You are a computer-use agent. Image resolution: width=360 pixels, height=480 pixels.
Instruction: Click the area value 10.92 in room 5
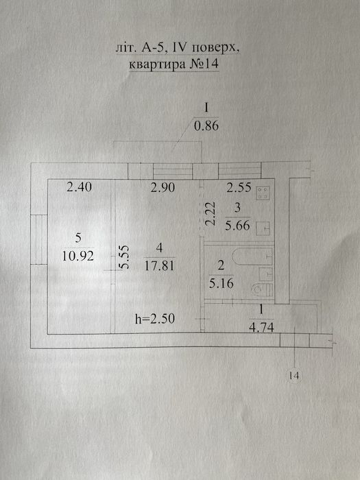click(x=78, y=256)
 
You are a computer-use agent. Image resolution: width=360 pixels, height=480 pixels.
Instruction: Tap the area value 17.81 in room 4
click(x=159, y=265)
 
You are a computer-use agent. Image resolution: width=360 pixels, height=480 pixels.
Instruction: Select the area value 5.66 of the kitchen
click(x=237, y=226)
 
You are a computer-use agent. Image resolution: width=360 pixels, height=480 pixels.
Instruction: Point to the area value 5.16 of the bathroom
click(x=221, y=283)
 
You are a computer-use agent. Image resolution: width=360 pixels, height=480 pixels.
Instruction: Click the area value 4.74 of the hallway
click(x=261, y=328)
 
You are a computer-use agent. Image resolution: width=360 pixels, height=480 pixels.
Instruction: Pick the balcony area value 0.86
click(x=206, y=125)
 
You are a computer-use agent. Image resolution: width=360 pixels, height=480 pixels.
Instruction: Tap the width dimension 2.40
click(x=79, y=187)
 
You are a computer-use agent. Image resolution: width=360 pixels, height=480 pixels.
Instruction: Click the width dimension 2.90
click(x=163, y=187)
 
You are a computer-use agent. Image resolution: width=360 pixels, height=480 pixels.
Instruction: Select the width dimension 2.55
click(x=239, y=187)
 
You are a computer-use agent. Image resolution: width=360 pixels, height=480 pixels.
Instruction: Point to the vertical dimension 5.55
click(x=124, y=257)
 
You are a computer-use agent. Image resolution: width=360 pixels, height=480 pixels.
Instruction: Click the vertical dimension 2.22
click(x=211, y=213)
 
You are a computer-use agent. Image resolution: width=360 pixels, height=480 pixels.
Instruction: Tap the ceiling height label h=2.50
click(x=155, y=319)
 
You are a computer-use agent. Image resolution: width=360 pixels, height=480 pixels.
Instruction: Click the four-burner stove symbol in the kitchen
click(x=263, y=193)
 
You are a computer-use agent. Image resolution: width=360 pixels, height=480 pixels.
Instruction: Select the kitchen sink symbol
click(x=263, y=228)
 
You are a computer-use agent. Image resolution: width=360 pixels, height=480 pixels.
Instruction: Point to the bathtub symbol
click(x=252, y=256)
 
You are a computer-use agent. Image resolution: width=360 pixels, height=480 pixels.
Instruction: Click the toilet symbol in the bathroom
click(x=262, y=289)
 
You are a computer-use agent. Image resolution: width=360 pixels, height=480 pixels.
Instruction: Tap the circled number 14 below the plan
click(x=294, y=375)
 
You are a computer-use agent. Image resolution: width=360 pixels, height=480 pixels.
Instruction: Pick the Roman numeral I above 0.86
click(x=206, y=108)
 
